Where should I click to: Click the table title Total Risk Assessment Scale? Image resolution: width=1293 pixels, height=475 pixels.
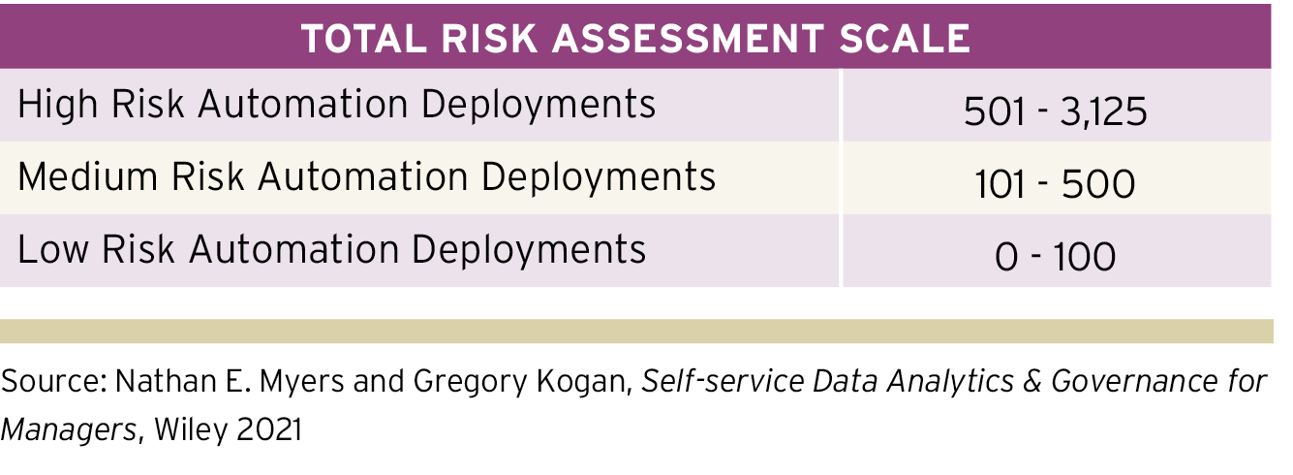pos(634,38)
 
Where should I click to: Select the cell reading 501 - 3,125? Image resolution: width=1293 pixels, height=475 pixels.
pos(1055,111)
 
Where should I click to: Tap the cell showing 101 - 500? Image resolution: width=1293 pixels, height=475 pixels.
pos(1055,184)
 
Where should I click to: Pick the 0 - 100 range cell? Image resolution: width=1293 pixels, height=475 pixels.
pos(1055,257)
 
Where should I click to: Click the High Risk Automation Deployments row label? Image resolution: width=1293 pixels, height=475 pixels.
pos(336,104)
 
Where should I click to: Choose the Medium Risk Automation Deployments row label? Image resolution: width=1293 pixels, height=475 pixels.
pos(366,176)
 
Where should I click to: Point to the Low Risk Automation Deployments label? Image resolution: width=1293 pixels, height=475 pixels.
pos(331,249)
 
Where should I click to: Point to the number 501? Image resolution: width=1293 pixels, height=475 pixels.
pos(994,111)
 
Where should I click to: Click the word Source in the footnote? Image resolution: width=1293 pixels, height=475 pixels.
pos(47,382)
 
